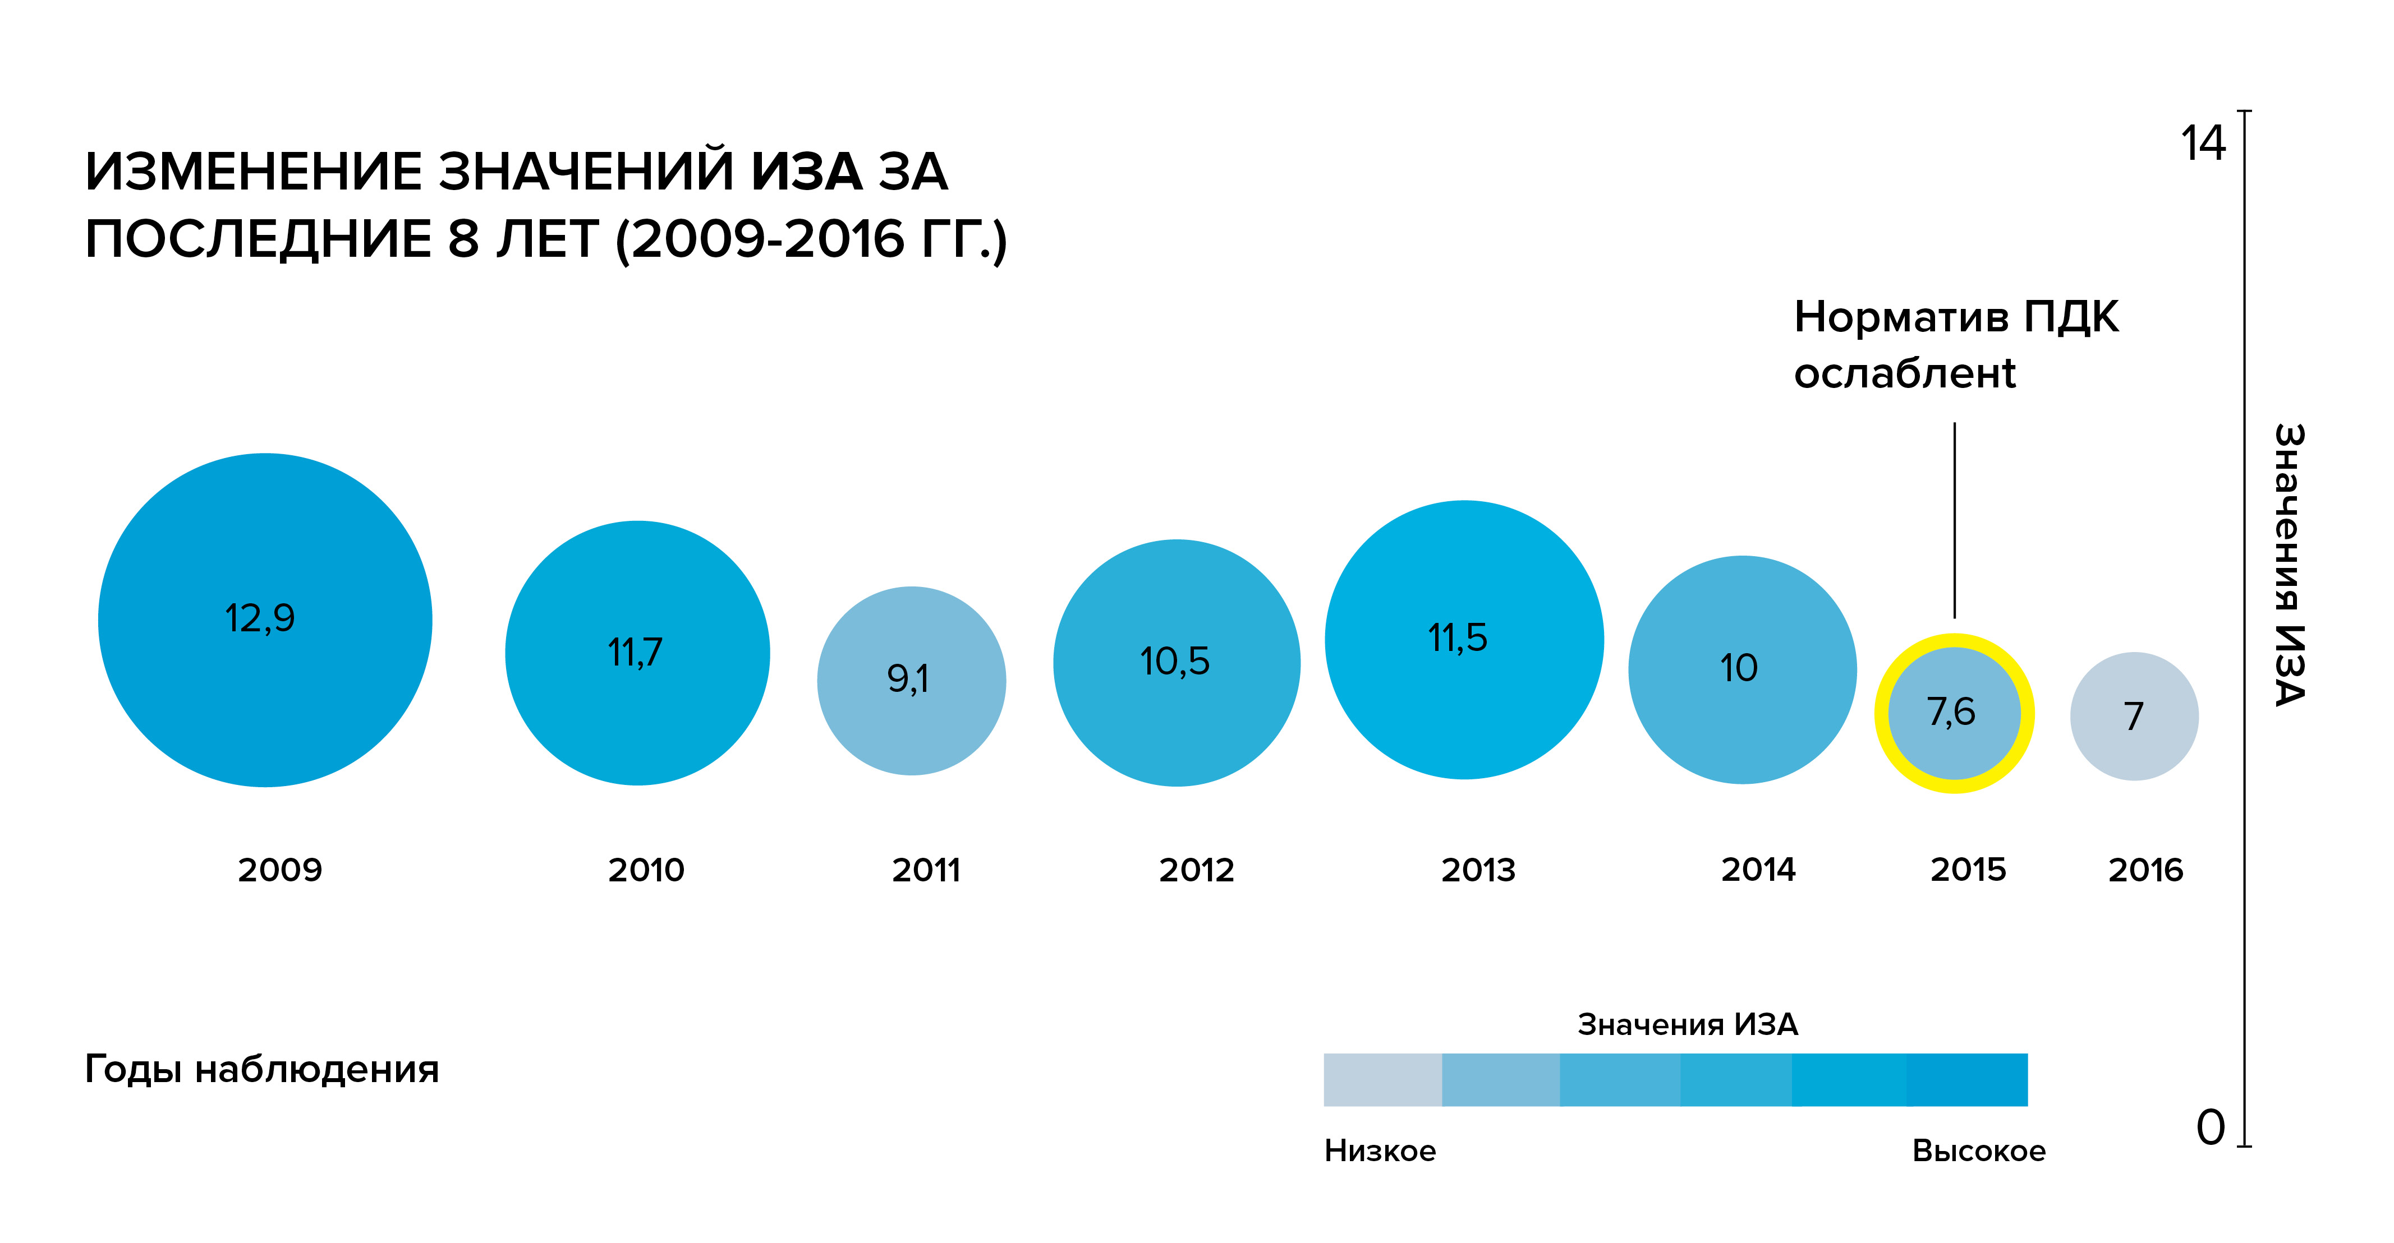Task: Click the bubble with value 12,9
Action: (x=265, y=620)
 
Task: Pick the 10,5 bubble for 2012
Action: (x=1177, y=662)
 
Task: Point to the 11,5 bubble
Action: (x=1464, y=639)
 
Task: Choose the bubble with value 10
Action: (x=1741, y=669)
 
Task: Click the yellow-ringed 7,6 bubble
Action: (x=1954, y=713)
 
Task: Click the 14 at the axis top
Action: (x=2203, y=144)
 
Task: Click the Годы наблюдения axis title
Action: (x=261, y=1069)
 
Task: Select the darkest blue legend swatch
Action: (x=1966, y=1079)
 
